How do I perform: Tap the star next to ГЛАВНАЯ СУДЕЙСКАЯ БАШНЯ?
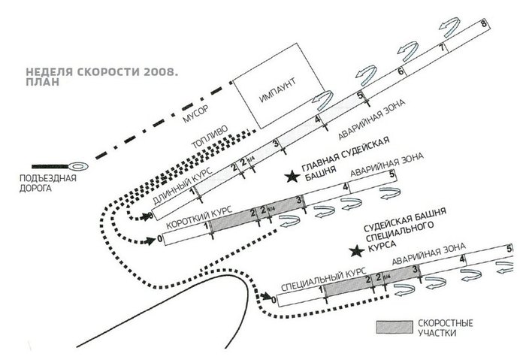point(290,177)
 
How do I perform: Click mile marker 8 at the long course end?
point(482,25)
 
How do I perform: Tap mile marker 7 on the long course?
point(442,47)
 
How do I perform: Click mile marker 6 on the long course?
point(401,72)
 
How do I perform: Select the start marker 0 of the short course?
point(159,240)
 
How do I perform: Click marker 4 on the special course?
point(462,259)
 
